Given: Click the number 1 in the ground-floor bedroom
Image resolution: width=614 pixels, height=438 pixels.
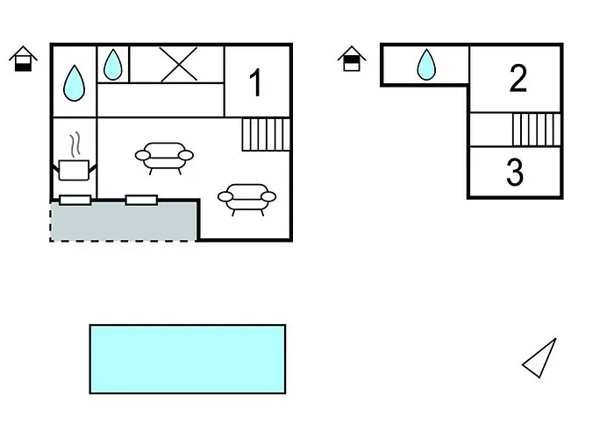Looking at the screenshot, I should (x=255, y=84).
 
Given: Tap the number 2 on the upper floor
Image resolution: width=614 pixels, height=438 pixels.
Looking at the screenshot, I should (x=518, y=79).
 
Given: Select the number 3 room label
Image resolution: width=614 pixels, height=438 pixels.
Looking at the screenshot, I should (x=515, y=173).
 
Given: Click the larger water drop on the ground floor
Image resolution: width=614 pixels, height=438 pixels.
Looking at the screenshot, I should (x=75, y=83).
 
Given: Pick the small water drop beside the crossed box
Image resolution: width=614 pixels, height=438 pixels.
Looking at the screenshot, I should (x=113, y=63).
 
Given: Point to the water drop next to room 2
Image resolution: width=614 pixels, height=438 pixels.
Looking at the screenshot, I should (x=426, y=64).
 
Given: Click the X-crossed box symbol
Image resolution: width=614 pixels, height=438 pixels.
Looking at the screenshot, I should (x=178, y=64).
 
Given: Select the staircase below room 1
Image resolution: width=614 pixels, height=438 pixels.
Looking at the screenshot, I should (x=266, y=134).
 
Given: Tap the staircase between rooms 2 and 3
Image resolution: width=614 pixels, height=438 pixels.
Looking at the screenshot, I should (x=535, y=129).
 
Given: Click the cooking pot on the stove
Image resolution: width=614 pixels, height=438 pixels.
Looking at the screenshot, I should (x=74, y=169).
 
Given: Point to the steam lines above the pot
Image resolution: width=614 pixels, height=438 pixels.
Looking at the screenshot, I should (x=75, y=144).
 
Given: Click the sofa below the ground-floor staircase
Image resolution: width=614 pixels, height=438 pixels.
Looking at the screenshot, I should (x=246, y=197).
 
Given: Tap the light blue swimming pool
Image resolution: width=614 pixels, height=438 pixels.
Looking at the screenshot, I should (x=188, y=359).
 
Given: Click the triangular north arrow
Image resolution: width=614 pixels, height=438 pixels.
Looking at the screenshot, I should (x=541, y=359).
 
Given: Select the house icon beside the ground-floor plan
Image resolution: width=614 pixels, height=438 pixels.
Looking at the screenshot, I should (x=23, y=59).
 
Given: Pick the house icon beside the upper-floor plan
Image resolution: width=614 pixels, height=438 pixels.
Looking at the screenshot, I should (x=352, y=59).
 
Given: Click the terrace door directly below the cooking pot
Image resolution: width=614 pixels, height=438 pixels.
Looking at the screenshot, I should (x=75, y=201).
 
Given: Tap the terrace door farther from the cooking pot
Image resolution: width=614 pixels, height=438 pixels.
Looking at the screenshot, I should (x=141, y=201).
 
